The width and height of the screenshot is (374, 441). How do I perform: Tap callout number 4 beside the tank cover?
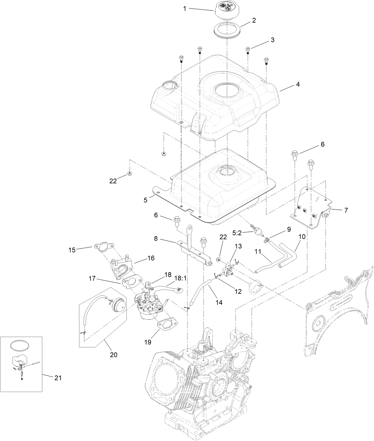tap(297, 84)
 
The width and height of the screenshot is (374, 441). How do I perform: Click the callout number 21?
tap(58, 378)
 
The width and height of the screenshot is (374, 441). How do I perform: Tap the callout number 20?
tap(114, 355)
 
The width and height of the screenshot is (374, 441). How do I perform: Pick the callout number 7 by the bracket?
tap(346, 210)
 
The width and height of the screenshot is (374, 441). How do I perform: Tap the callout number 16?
tap(151, 258)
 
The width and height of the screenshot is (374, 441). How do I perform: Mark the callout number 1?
tap(184, 9)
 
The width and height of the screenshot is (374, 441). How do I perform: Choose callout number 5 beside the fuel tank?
tap(145, 200)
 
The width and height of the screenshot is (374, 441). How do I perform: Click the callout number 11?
tap(257, 252)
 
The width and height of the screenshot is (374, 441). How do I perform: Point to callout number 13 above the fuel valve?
tap(238, 246)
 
